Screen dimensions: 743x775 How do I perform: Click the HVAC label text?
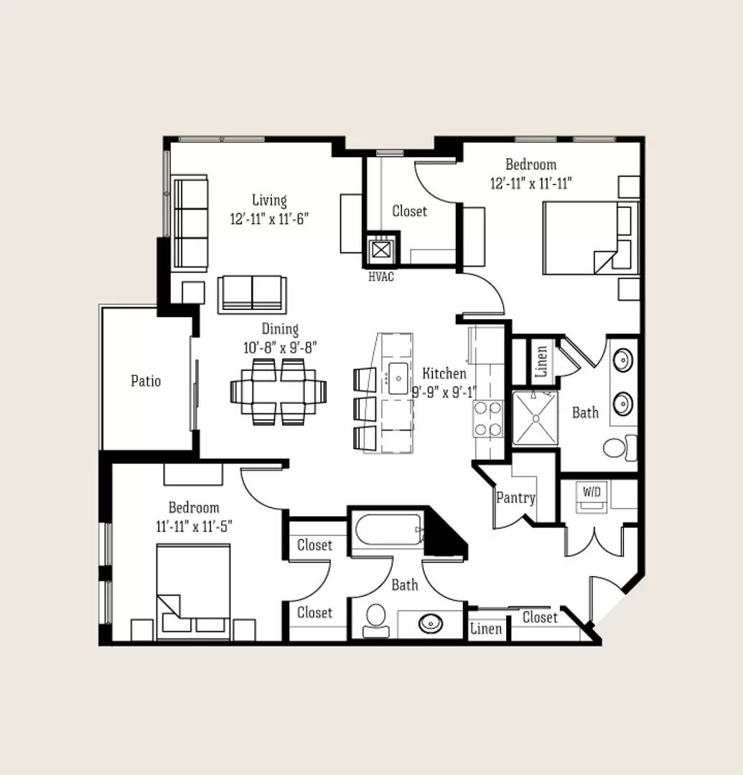coord(381,277)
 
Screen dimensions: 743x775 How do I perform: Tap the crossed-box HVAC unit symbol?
coord(380,250)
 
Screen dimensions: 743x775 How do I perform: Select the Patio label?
coord(146,380)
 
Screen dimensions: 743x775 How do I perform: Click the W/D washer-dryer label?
coord(592,492)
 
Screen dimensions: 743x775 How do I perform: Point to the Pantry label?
coord(515,497)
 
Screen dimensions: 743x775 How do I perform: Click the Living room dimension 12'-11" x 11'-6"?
coord(269,219)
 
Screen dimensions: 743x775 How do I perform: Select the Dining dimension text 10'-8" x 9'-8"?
coord(280,348)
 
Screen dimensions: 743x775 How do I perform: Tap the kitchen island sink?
coord(398,379)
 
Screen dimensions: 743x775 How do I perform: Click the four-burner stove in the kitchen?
coord(488,418)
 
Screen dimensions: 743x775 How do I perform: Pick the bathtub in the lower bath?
coord(389,530)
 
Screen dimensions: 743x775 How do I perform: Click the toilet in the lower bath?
coord(376,620)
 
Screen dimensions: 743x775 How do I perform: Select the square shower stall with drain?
coord(536,418)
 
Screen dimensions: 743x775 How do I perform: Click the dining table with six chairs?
coord(279,392)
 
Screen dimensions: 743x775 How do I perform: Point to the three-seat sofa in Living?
coord(190,223)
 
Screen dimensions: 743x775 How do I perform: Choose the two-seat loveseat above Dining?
coord(252,295)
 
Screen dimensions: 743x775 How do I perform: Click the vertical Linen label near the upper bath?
coord(541,361)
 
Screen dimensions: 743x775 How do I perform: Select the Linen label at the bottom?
coord(486,629)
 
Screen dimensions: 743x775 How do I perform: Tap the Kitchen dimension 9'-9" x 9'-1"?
coord(444,393)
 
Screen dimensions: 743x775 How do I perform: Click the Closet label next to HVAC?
coord(409,211)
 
